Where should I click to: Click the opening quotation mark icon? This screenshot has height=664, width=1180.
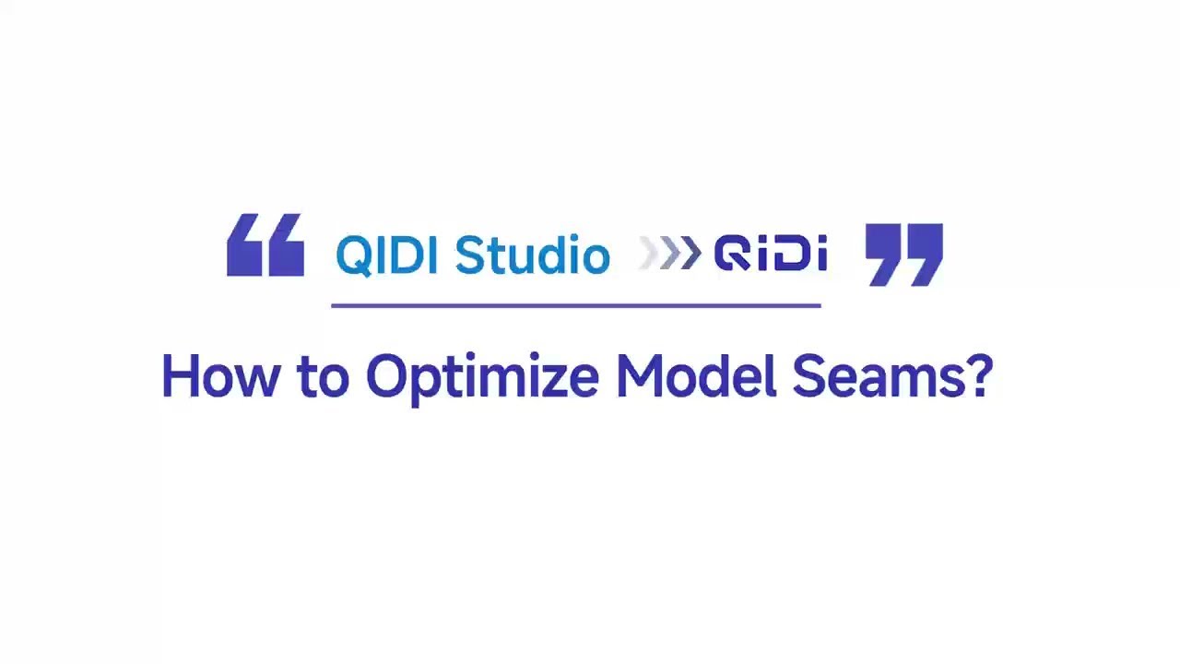tap(265, 245)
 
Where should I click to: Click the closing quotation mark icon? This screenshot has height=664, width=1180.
tap(903, 254)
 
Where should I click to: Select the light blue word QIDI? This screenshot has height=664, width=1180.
tap(388, 255)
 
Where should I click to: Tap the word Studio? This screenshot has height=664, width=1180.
tap(532, 255)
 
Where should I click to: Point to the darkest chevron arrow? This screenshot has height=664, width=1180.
tap(690, 254)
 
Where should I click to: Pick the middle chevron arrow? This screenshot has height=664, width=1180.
tap(670, 254)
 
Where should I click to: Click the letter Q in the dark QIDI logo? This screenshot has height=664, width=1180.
tap(732, 255)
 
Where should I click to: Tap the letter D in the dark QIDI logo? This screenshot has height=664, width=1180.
tap(790, 255)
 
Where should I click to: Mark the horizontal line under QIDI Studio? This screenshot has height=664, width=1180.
tap(575, 304)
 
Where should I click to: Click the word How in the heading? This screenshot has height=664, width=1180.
tap(218, 376)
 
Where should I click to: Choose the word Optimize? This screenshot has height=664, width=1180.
tap(482, 378)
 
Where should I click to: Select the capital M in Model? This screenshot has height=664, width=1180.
tap(639, 376)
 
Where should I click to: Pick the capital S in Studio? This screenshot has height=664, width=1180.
tap(468, 255)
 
